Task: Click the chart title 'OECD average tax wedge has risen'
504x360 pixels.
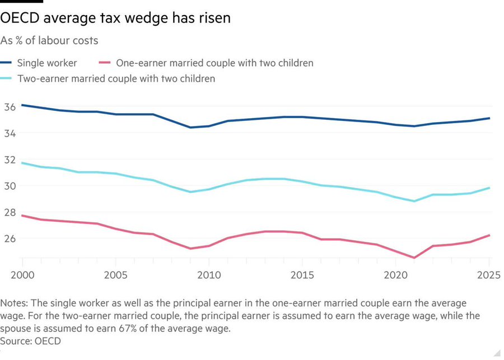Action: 115,18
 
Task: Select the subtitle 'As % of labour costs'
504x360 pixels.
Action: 49,40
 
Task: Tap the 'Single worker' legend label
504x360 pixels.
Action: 47,63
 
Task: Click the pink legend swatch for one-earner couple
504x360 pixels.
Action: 104,63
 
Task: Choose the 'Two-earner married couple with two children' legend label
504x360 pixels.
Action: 116,79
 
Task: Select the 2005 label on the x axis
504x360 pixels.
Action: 115,276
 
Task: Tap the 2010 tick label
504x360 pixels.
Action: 208,276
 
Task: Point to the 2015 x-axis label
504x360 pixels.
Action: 302,276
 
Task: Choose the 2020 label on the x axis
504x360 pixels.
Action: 395,276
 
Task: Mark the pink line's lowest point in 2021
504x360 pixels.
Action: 414,258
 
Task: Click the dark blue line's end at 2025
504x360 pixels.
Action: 488,118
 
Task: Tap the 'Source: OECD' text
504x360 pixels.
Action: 31,340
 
